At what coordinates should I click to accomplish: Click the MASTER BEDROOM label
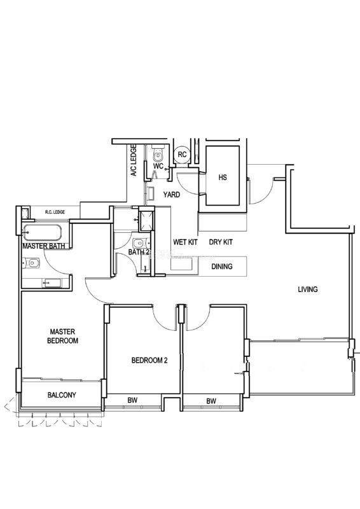click(62, 336)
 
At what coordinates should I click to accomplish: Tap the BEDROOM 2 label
click(149, 360)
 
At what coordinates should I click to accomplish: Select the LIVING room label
click(308, 289)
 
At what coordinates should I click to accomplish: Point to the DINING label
click(222, 267)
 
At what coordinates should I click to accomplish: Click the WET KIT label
click(185, 242)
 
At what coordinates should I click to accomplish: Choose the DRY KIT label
click(221, 242)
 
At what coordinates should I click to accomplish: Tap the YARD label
click(171, 195)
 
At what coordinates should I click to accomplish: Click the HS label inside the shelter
click(223, 178)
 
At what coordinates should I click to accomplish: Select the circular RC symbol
click(182, 155)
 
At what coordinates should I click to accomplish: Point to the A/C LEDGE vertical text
click(134, 160)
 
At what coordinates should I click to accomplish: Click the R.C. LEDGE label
click(55, 212)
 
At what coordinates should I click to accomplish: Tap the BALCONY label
click(62, 394)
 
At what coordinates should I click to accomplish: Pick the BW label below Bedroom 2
click(132, 400)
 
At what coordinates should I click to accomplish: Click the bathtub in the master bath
click(42, 233)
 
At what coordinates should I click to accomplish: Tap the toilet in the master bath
click(31, 263)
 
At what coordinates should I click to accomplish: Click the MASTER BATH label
click(43, 246)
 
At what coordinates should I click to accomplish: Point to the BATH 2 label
click(139, 252)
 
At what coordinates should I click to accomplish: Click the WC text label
click(158, 166)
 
